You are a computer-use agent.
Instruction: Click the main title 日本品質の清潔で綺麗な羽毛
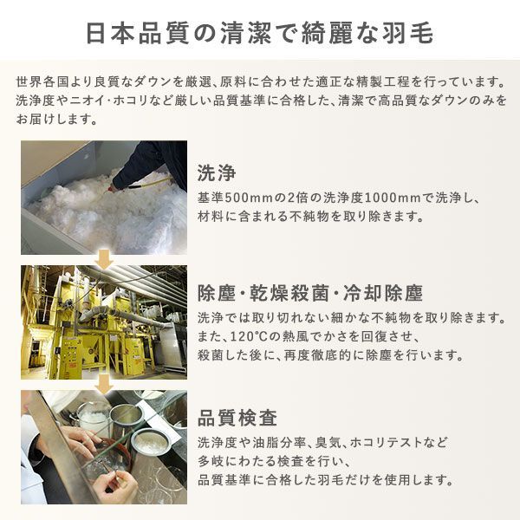point(260,32)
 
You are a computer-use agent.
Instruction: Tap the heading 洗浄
point(216,171)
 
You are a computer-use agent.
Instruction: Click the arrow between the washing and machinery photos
point(104,258)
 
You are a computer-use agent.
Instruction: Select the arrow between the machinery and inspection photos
point(104,382)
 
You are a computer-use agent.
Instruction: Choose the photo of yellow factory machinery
point(104,322)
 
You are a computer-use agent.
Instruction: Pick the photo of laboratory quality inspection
point(104,446)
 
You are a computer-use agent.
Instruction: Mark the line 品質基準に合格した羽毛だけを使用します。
point(325,479)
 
